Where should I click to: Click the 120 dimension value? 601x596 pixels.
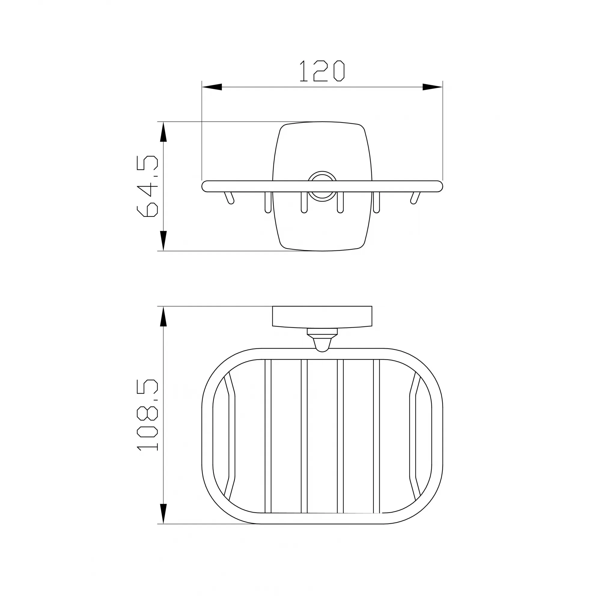(322, 71)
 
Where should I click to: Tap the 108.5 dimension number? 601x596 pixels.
(147, 415)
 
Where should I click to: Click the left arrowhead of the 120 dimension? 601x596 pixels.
(212, 87)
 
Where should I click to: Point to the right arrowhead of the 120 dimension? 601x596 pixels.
(432, 87)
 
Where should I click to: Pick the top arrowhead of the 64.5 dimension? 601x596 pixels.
(163, 132)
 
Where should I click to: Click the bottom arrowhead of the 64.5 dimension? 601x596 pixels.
(163, 241)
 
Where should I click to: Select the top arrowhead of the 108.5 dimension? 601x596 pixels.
(163, 316)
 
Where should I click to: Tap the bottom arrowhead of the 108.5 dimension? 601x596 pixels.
(163, 514)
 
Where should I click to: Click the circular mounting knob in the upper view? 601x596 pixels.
(322, 186)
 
